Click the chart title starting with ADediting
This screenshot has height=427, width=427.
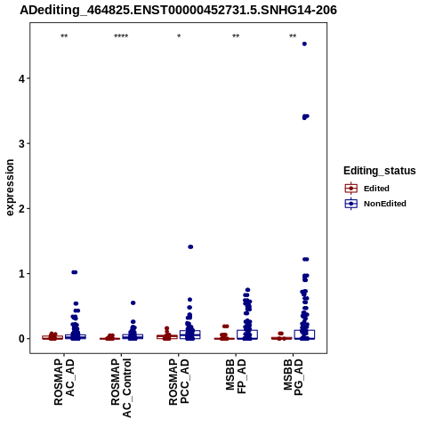pyautogui.click(x=178, y=11)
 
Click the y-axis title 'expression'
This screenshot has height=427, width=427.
pyautogui.click(x=10, y=188)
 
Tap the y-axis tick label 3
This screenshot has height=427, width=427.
pyautogui.click(x=21, y=143)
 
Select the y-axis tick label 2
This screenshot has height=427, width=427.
pyautogui.click(x=21, y=209)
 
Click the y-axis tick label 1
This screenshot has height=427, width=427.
pyautogui.click(x=21, y=274)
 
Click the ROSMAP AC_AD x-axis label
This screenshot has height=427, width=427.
pyautogui.click(x=64, y=382)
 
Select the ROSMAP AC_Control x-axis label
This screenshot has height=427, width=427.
pyautogui.click(x=121, y=388)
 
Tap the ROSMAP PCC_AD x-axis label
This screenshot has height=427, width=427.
pyautogui.click(x=179, y=382)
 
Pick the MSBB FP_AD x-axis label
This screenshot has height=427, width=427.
pyautogui.click(x=236, y=376)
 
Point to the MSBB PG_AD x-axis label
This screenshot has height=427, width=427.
pyautogui.click(x=294, y=377)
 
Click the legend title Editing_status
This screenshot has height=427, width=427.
pyautogui.click(x=380, y=171)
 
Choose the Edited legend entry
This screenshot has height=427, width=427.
pyautogui.click(x=367, y=189)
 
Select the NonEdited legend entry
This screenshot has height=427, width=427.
pyautogui.click(x=375, y=204)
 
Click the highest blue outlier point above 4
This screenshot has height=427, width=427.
pyautogui.click(x=304, y=44)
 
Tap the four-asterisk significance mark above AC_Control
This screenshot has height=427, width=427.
pyautogui.click(x=121, y=36)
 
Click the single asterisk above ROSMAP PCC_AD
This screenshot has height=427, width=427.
pyautogui.click(x=179, y=36)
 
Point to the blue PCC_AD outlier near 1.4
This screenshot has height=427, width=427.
pyautogui.click(x=190, y=246)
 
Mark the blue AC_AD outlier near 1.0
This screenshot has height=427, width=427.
pyautogui.click(x=75, y=272)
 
